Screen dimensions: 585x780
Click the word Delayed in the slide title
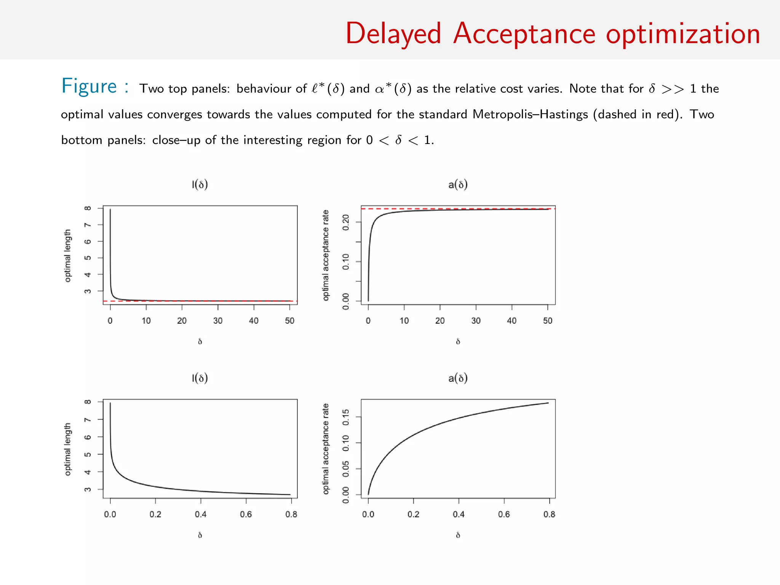pyautogui.click(x=393, y=34)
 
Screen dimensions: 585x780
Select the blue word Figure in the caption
pyautogui.click(x=89, y=86)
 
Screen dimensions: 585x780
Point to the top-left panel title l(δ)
pyautogui.click(x=200, y=185)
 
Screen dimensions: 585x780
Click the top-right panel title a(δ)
pyautogui.click(x=458, y=185)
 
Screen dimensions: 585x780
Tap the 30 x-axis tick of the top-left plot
pyautogui.click(x=218, y=321)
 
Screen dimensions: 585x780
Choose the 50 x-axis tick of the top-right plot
pyautogui.click(x=548, y=321)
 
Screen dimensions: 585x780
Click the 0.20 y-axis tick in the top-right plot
pyautogui.click(x=346, y=222)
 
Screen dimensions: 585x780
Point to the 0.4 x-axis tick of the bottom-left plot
pyautogui.click(x=201, y=514)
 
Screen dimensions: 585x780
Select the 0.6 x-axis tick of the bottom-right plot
pyautogui.click(x=504, y=514)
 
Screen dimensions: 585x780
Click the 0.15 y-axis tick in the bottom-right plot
pyautogui.click(x=346, y=417)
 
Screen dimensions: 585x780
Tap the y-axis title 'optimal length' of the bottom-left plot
pyautogui.click(x=68, y=449)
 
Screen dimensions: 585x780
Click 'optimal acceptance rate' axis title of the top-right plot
pyautogui.click(x=326, y=255)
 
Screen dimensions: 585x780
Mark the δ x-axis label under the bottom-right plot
pyautogui.click(x=458, y=535)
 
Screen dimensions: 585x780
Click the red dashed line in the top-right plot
pyautogui.click(x=457, y=209)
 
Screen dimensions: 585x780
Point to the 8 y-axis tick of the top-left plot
pyautogui.click(x=88, y=208)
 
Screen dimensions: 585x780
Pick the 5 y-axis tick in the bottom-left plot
pyautogui.click(x=88, y=454)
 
